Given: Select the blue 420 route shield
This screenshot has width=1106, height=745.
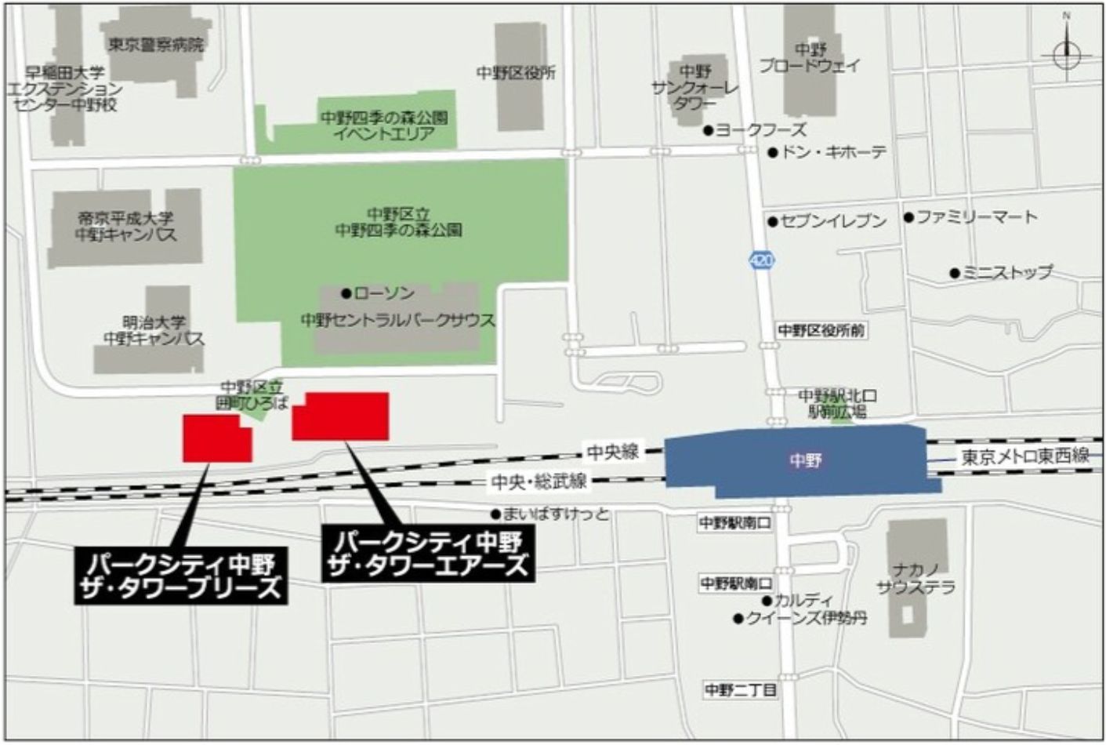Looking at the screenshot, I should click(x=760, y=260).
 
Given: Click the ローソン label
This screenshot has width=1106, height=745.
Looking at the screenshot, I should click(x=384, y=293).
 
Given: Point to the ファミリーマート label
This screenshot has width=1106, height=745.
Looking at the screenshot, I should click(x=977, y=216).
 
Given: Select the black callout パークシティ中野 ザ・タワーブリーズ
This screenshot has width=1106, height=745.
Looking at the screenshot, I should click(x=182, y=576).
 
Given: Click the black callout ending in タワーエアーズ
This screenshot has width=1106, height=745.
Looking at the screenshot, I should click(x=429, y=554).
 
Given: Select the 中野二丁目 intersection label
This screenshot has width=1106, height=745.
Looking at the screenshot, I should click(x=741, y=690).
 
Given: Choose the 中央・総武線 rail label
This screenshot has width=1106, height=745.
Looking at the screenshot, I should click(x=539, y=482).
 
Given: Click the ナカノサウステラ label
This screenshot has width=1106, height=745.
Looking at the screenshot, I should click(x=916, y=579).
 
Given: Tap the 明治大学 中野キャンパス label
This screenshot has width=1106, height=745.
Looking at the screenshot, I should click(x=154, y=331).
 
